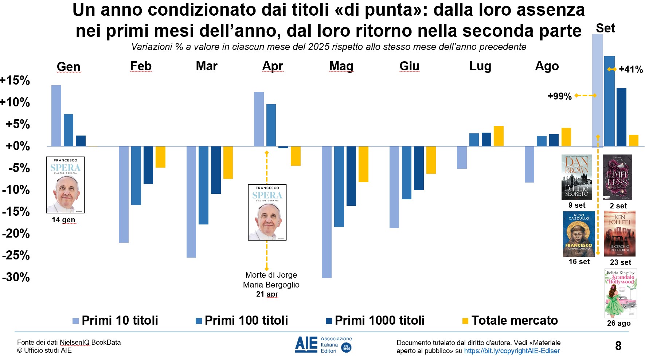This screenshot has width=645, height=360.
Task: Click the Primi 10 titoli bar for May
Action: pyautogui.click(x=327, y=212)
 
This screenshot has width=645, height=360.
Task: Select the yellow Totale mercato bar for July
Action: pyautogui.click(x=498, y=136)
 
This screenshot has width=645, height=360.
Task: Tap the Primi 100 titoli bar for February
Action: pyautogui.click(x=136, y=176)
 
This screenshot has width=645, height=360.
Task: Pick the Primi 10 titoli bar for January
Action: pyautogui.click(x=56, y=116)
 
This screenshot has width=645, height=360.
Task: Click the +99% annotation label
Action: pyautogui.click(x=559, y=97)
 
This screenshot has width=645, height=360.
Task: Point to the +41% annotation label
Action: pyautogui.click(x=631, y=70)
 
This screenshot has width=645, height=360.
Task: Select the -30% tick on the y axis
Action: pyautogui.click(x=16, y=277)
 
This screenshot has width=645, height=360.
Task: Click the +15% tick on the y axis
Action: pyautogui.click(x=15, y=81)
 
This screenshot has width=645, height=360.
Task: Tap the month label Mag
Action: pyautogui.click(x=341, y=66)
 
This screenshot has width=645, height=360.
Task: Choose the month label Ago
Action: pyautogui.click(x=547, y=66)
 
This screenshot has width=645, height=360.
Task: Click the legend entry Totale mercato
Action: pyautogui.click(x=515, y=321)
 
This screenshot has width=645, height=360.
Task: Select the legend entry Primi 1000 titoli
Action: pyautogui.click(x=379, y=321)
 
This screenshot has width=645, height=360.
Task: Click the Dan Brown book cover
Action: pyautogui.click(x=576, y=177)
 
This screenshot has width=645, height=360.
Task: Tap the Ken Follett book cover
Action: pyautogui.click(x=619, y=234)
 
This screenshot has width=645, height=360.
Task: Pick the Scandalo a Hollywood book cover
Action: pyautogui.click(x=621, y=293)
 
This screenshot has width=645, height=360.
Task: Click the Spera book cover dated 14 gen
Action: pyautogui.click(x=65, y=185)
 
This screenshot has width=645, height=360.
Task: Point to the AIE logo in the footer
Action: pyautogui.click(x=323, y=345)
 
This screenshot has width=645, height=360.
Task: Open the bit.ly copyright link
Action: pyautogui.click(x=512, y=351)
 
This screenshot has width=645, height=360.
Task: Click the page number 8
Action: pyautogui.click(x=618, y=346)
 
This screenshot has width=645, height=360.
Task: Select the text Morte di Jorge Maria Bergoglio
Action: pyautogui.click(x=271, y=280)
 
